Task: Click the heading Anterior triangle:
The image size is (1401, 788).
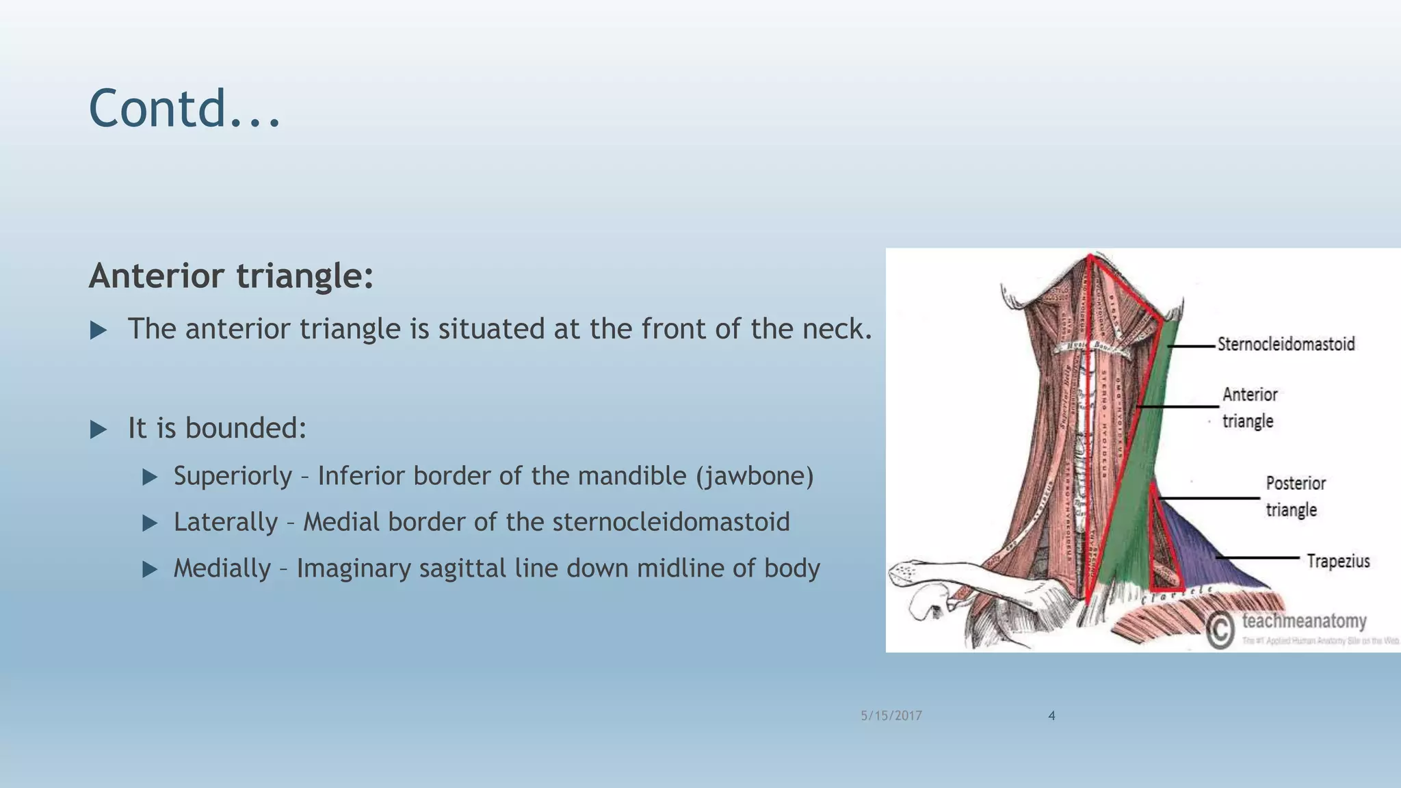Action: pos(231,276)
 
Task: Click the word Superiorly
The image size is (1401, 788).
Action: pos(233,476)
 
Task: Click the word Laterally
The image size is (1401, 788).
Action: pos(225,522)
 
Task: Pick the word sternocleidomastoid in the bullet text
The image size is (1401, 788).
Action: pos(670,522)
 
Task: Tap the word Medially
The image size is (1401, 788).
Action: pos(222,568)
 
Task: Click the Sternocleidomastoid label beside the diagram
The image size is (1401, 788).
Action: pos(1285,344)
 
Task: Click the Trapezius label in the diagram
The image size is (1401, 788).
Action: pos(1338,562)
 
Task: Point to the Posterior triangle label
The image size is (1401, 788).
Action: pos(1295,497)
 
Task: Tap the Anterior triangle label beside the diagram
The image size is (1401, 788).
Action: pos(1249,408)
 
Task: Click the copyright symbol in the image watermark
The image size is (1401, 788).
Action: pos(1220,630)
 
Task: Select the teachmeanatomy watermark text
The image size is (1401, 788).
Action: pos(1304,621)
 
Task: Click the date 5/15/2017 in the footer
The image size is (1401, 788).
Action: pos(891,715)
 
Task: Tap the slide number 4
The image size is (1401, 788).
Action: pos(1051,715)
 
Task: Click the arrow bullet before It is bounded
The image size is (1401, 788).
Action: pos(99,430)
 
